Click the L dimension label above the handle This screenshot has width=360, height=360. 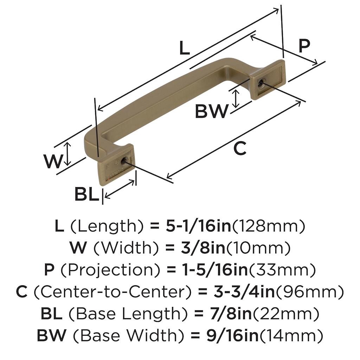coord(184,48)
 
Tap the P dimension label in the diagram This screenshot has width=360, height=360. coord(304,46)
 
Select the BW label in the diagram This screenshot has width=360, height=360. coord(212,112)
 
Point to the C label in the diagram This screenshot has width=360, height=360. coord(240,149)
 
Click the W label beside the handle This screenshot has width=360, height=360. coord(53,161)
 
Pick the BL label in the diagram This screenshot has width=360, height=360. coord(86,194)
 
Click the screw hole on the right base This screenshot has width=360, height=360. coord(261,83)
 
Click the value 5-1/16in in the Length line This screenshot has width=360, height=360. coord(198,226)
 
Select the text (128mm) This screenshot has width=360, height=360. coord(268,226)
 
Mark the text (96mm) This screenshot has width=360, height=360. coord(307,292)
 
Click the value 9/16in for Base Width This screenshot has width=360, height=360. coord(232,336)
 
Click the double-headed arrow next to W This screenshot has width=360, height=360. coord(68,154)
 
